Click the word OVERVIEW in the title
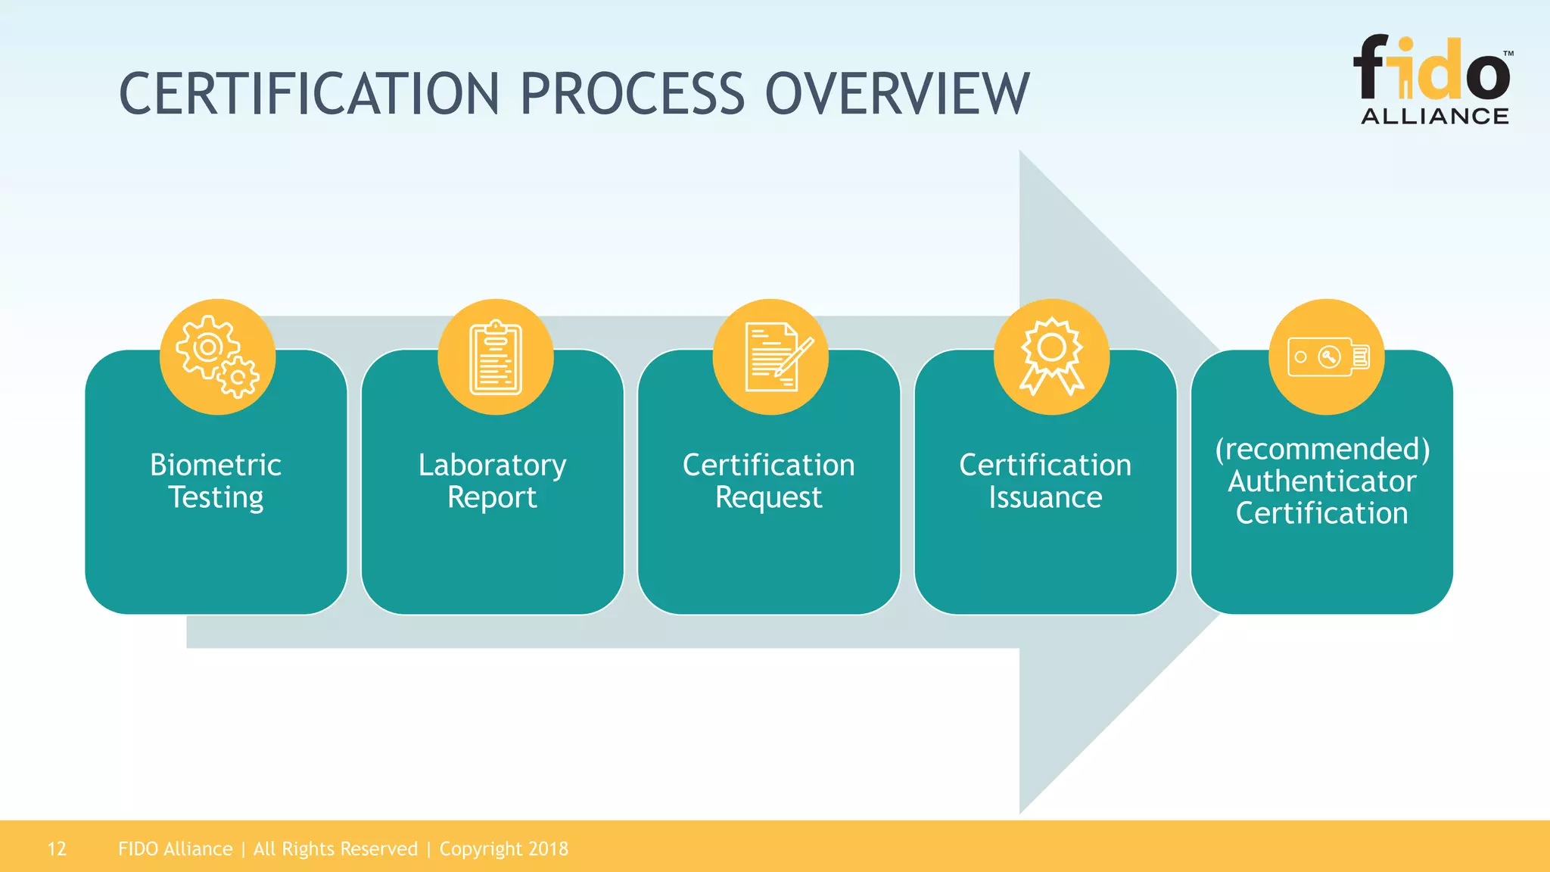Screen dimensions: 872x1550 (x=897, y=94)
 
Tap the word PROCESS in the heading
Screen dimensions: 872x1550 (x=632, y=94)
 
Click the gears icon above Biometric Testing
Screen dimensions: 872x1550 (x=217, y=357)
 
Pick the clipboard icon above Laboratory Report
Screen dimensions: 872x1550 (x=496, y=357)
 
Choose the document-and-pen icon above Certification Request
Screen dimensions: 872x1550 (x=771, y=357)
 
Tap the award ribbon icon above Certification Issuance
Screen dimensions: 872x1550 (x=1051, y=357)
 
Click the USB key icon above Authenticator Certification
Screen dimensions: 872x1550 (x=1327, y=357)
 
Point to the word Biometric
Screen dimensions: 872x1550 (x=216, y=465)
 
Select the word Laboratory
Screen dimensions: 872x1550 (x=492, y=466)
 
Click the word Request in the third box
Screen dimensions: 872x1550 (x=768, y=498)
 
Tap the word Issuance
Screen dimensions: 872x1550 (x=1045, y=497)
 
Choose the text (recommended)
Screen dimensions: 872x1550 (x=1322, y=449)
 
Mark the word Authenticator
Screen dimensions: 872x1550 (x=1322, y=481)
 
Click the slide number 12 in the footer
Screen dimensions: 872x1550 (x=57, y=849)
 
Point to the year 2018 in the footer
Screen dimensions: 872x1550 (x=548, y=849)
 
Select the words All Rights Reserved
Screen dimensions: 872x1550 (x=335, y=849)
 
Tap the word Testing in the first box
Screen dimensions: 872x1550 (x=216, y=498)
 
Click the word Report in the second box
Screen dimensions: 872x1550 (x=492, y=498)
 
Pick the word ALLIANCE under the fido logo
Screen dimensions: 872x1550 (x=1435, y=116)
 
